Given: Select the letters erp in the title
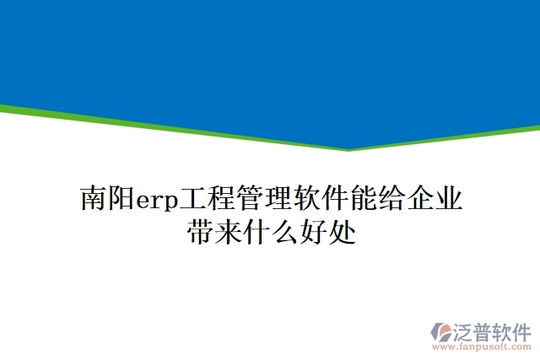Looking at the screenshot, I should pyautogui.click(x=153, y=201).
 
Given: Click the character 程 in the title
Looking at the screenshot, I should pyautogui.click(x=213, y=200).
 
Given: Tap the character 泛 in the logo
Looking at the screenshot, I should pyautogui.click(x=466, y=330).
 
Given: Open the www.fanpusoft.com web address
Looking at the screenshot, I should pyautogui.click(x=479, y=346).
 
